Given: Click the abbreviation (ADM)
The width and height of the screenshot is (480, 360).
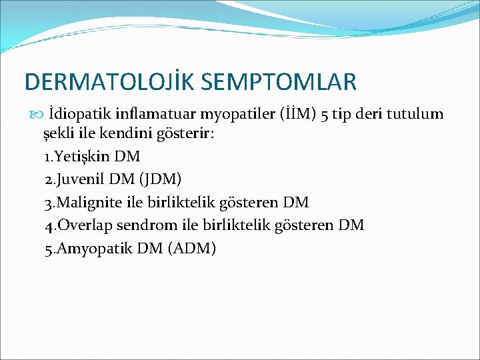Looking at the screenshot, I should pos(193,247).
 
